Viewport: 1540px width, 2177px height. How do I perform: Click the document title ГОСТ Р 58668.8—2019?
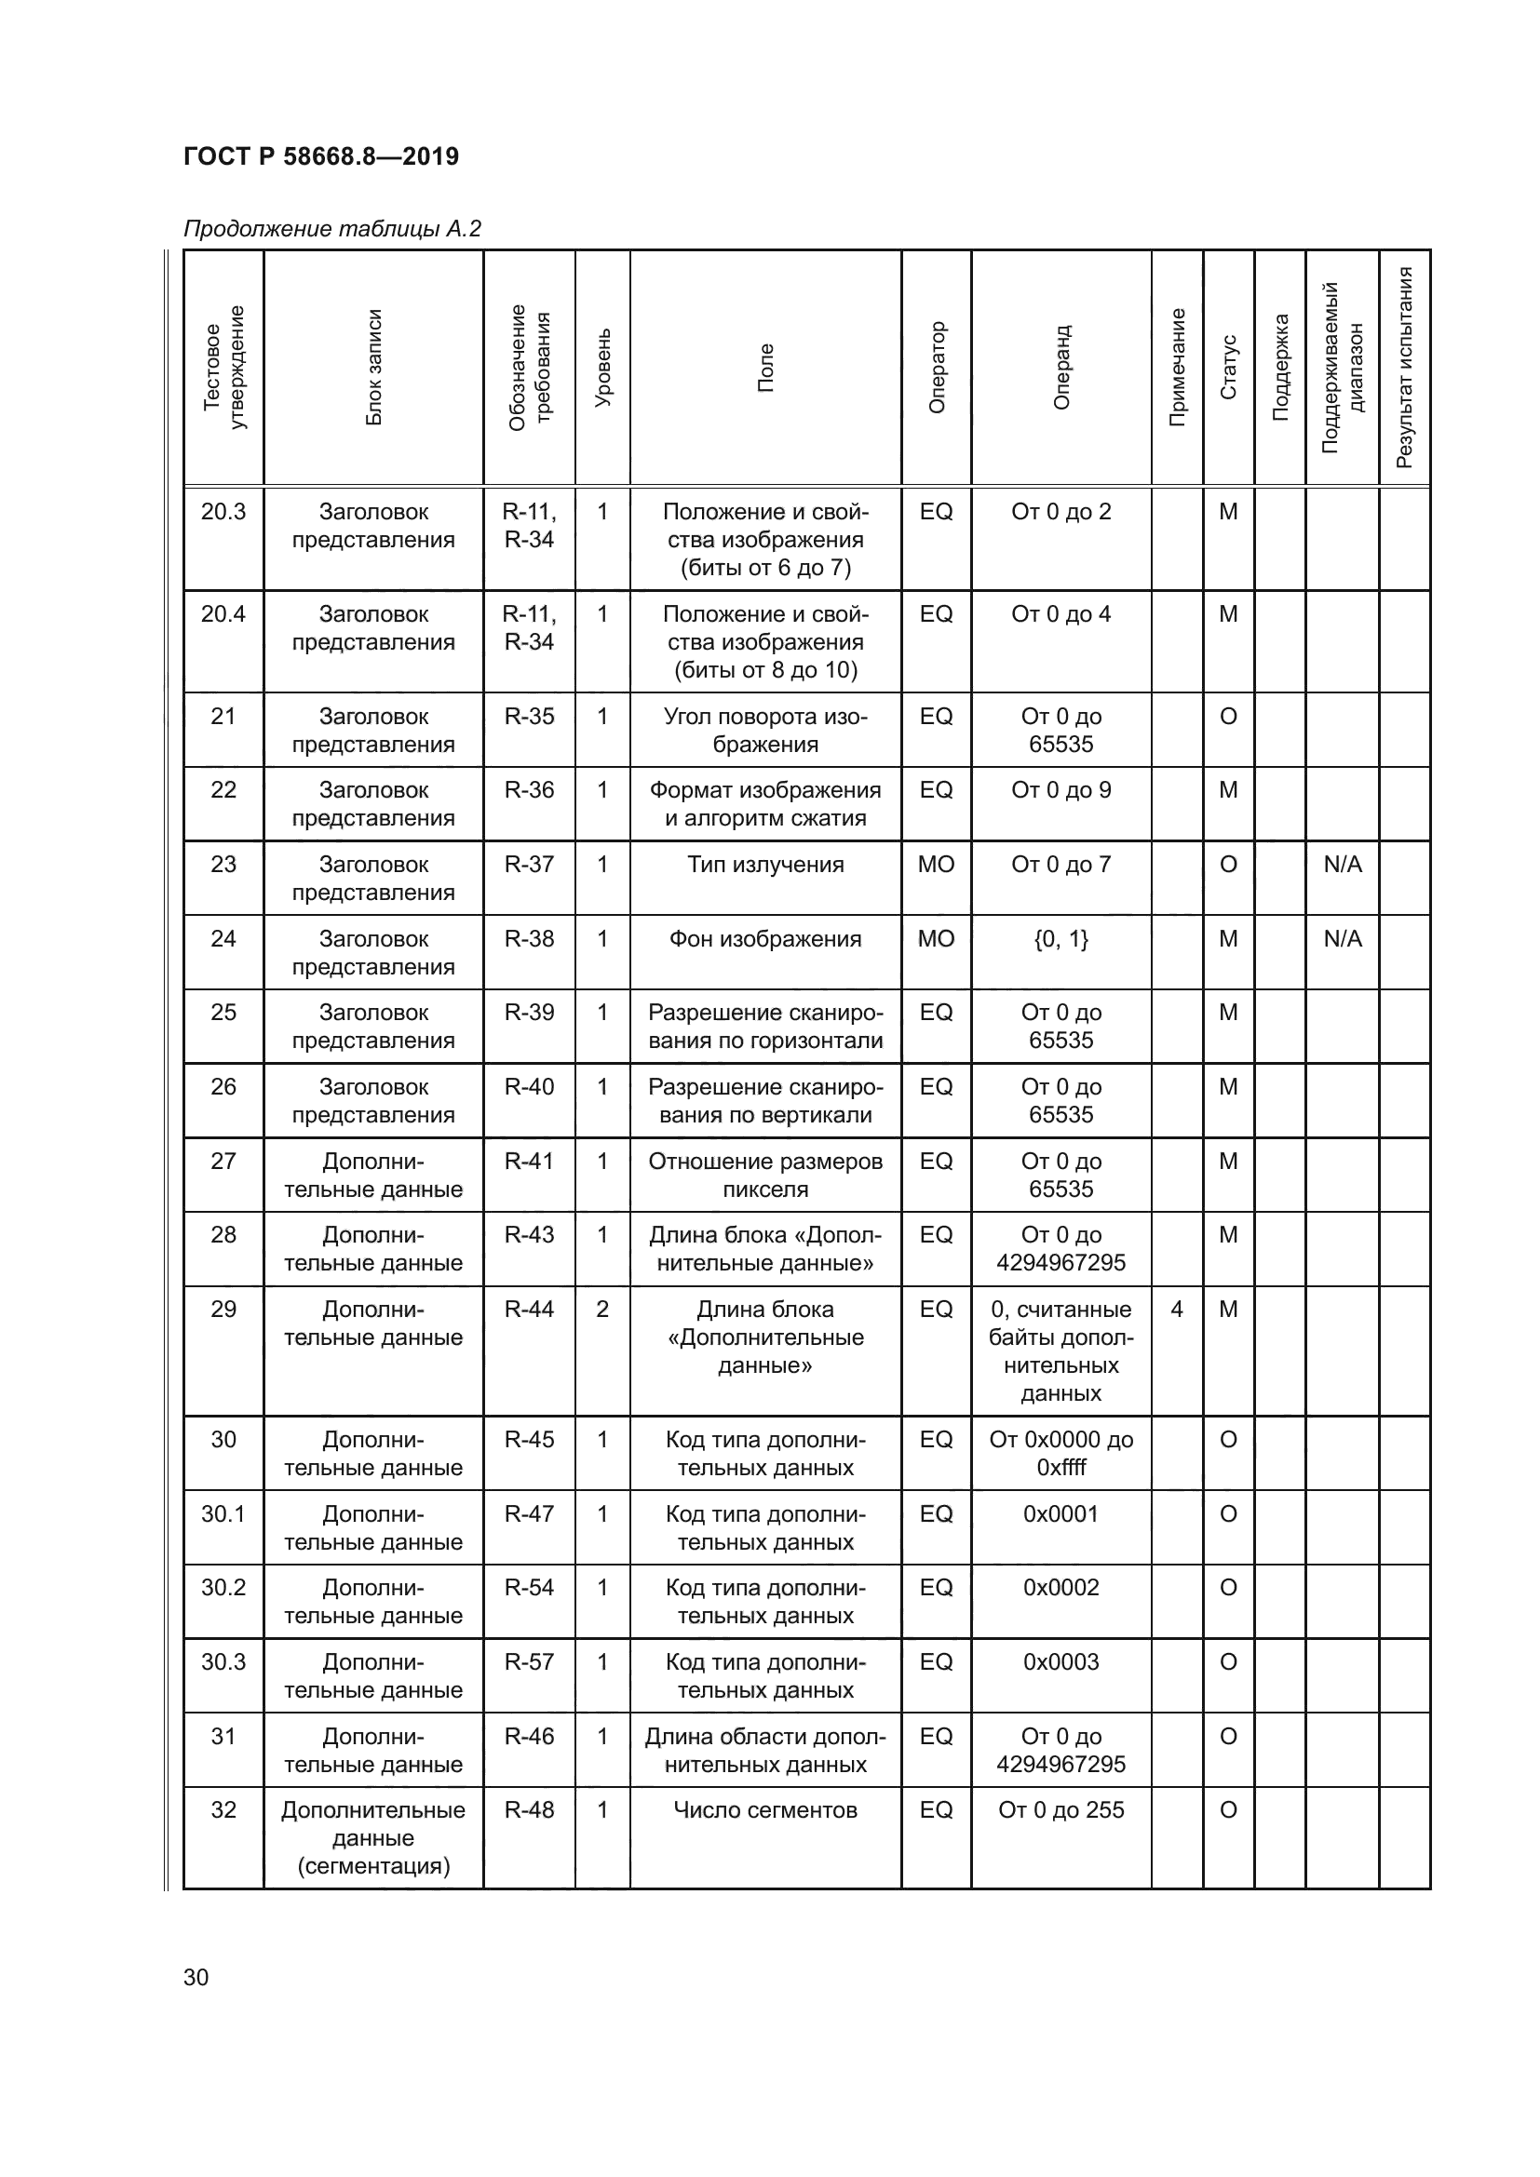[320, 156]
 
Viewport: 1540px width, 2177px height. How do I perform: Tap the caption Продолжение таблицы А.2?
[331, 229]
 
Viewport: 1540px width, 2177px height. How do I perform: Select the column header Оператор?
[937, 367]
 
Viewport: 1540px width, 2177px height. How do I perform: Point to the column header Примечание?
[1177, 367]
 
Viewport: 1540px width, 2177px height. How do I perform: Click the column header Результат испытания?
[1404, 367]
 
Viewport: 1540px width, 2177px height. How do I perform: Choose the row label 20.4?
[223, 614]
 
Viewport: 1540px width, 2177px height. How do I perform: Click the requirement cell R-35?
[529, 717]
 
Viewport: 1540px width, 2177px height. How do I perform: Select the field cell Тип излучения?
[765, 865]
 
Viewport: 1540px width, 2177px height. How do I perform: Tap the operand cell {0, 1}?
[1061, 939]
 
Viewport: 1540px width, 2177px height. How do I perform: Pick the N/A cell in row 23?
[1343, 865]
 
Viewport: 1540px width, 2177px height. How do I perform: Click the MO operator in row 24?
[936, 939]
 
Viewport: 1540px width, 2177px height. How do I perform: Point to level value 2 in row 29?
[602, 1310]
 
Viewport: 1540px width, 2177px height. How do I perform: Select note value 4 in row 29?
[1177, 1310]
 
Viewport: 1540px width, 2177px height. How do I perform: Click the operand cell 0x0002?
[1061, 1587]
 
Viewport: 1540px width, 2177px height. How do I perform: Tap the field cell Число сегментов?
[765, 1810]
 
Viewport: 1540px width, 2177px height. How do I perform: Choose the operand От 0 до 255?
[1061, 1810]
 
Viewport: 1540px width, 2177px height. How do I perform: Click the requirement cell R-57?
[529, 1662]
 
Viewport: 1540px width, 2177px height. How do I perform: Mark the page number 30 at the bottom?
[196, 1977]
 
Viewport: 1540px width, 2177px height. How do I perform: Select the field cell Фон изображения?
[765, 939]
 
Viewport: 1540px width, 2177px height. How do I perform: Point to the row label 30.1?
[223, 1514]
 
